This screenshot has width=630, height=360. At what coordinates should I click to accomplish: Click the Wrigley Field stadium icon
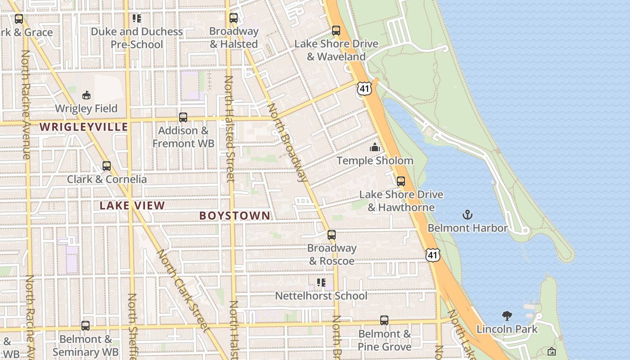point(86,95)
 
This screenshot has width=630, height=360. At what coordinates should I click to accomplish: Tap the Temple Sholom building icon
point(375,147)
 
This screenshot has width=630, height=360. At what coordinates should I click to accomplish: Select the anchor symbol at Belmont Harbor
point(468,215)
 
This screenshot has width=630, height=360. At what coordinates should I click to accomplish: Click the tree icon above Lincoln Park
point(507,315)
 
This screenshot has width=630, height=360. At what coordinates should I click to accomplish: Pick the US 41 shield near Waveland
point(364,88)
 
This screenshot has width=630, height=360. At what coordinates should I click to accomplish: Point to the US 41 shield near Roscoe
point(432,255)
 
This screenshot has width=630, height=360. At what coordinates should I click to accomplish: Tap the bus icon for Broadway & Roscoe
point(332,235)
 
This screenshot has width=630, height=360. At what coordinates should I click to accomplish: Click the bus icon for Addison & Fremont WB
point(183,117)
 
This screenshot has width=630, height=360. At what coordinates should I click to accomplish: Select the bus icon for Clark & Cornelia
point(107,166)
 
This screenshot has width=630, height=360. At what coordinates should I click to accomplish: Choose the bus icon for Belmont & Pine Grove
point(384,320)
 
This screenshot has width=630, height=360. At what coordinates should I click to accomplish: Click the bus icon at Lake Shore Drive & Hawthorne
point(400,181)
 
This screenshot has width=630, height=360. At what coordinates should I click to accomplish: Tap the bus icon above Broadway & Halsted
point(234,18)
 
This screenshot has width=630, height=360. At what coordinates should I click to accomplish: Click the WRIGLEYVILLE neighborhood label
point(84,127)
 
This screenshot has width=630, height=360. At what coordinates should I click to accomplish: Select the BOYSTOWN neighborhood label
point(235,216)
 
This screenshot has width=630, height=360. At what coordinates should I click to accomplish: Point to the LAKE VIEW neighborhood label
point(132,206)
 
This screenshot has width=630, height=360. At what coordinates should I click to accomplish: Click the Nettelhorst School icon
point(321,283)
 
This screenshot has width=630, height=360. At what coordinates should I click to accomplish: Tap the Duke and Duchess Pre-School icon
point(137,18)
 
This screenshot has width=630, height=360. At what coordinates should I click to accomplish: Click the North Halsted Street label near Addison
point(229,128)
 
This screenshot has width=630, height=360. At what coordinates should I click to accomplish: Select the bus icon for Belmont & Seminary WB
point(85,325)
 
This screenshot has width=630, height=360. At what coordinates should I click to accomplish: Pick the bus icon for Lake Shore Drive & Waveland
point(336,31)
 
